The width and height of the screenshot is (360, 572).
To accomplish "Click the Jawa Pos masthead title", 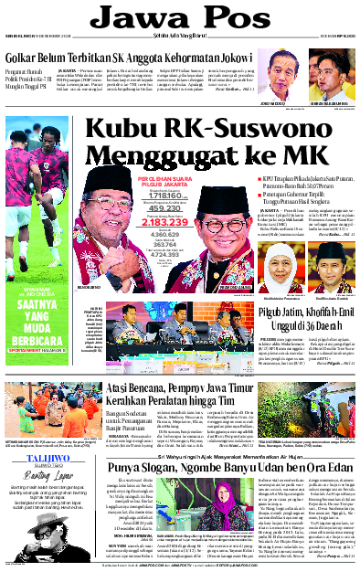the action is click(179, 18).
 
